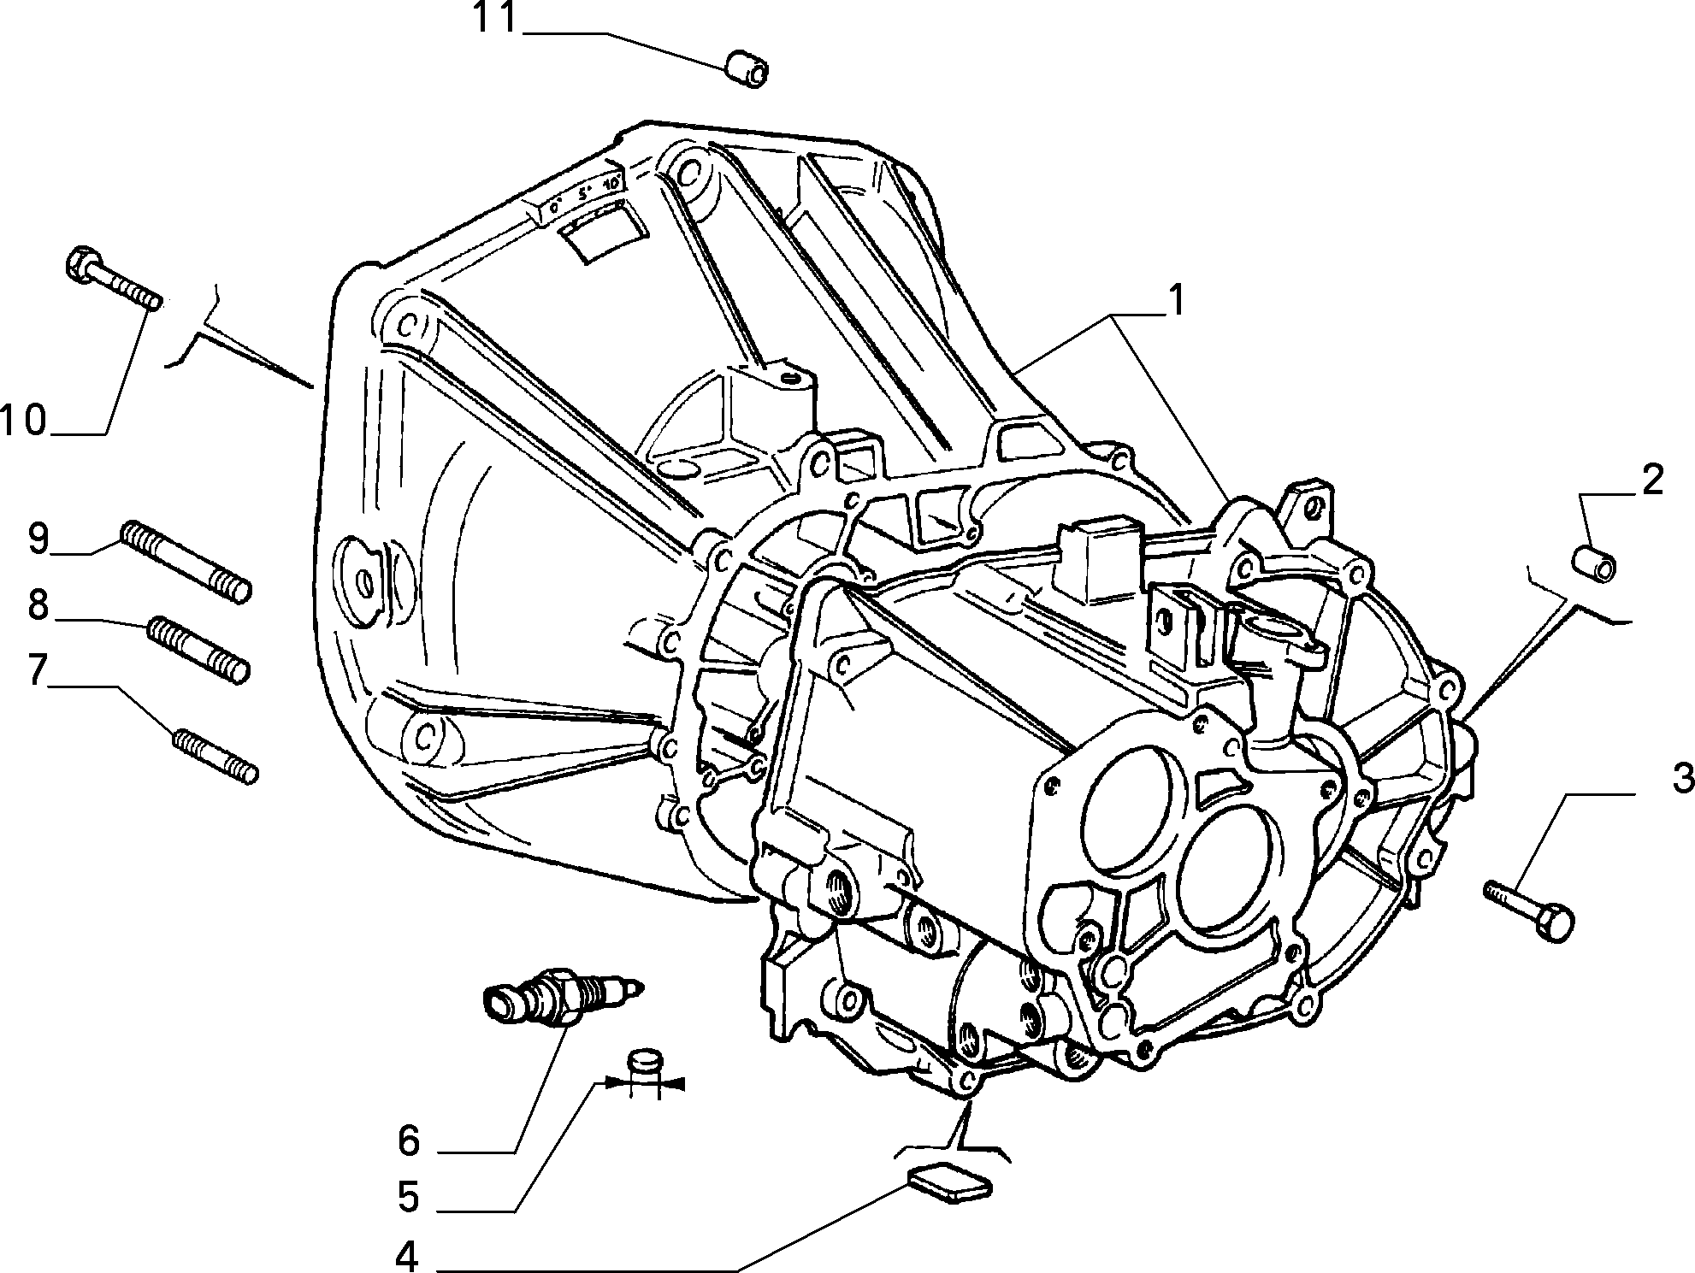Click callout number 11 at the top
click(495, 18)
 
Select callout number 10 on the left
click(24, 421)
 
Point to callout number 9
click(38, 539)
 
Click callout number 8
click(38, 604)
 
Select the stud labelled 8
click(198, 650)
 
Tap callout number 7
click(37, 671)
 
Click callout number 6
click(409, 1140)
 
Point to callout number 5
click(409, 1197)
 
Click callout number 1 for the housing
click(1178, 300)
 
